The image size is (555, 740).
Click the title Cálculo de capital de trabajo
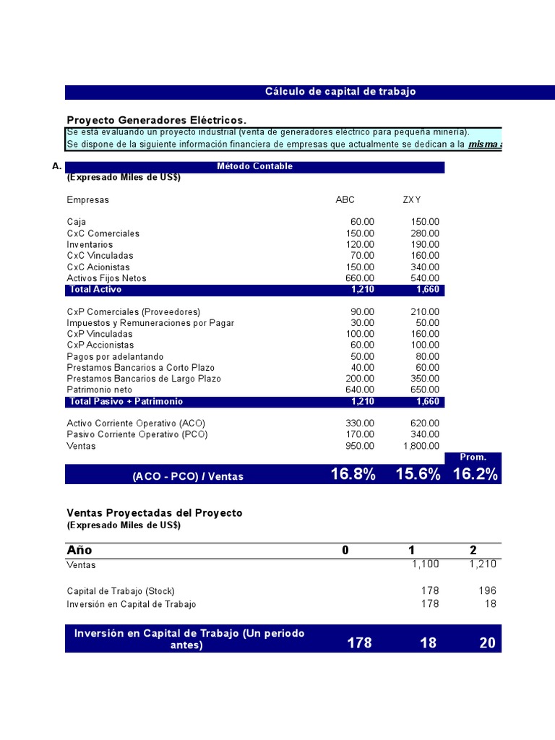(340, 92)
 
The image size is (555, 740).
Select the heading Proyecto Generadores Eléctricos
(156, 120)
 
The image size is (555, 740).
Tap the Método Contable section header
(254, 166)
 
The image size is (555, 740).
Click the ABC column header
(345, 200)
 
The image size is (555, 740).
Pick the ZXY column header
(412, 200)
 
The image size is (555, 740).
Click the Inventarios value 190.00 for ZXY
(424, 245)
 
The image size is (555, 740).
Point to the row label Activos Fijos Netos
(106, 278)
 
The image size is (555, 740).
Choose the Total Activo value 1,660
(428, 290)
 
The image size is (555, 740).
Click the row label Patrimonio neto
(100, 390)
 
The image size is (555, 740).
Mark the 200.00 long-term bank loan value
(360, 379)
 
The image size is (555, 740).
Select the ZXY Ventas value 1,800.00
(420, 446)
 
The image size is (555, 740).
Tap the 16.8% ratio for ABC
(353, 474)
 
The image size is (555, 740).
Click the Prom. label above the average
(473, 457)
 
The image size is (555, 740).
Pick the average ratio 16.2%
(475, 474)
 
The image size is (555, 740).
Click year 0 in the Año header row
(345, 551)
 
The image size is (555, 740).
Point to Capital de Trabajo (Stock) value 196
(487, 591)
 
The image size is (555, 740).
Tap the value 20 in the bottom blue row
(487, 642)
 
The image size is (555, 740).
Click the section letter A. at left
(57, 166)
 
